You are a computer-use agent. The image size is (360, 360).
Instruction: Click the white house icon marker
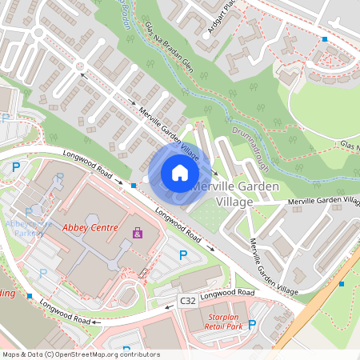click(180, 173)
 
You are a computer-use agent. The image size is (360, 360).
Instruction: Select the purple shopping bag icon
click(138, 233)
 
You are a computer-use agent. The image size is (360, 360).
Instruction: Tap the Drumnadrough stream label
click(249, 150)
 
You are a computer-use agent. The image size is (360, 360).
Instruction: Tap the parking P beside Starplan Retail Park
click(252, 324)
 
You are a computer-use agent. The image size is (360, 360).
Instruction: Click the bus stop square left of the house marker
click(133, 186)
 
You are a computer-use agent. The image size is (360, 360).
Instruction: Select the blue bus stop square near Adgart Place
click(325, 39)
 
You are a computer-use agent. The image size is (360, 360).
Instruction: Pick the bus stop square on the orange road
click(342, 282)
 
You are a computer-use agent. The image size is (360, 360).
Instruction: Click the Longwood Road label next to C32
click(226, 295)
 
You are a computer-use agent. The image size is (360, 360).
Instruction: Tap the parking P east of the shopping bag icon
click(183, 255)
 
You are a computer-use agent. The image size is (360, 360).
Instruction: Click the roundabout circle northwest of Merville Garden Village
click(81, 67)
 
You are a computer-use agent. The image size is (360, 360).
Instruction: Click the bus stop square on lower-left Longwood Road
click(30, 296)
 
